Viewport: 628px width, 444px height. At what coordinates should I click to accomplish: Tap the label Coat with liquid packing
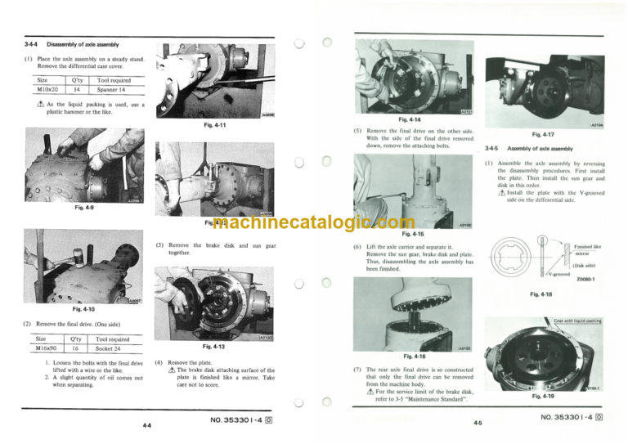click(x=582, y=321)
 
